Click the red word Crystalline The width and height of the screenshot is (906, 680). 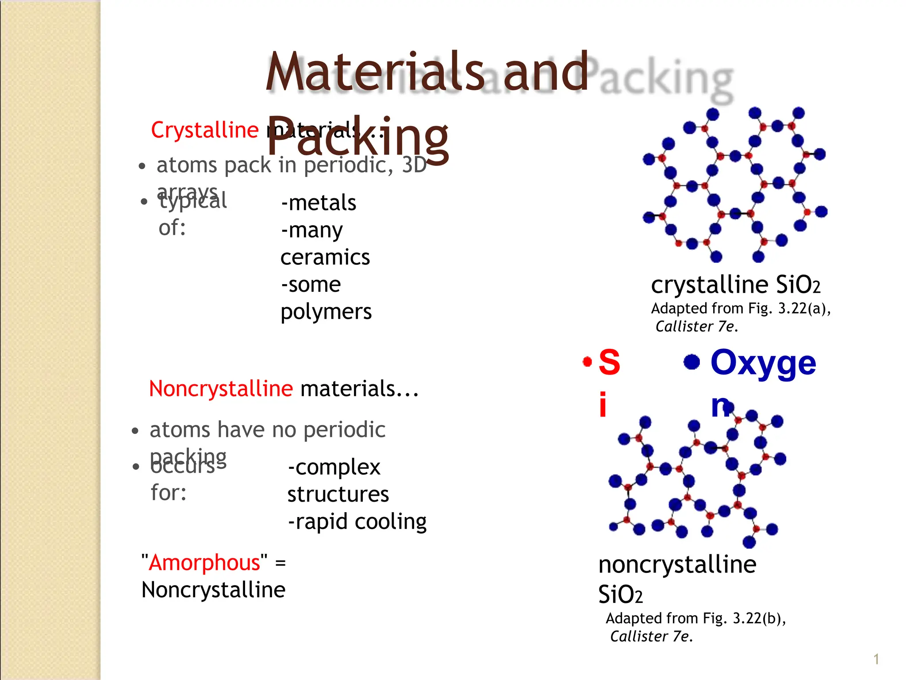point(204,130)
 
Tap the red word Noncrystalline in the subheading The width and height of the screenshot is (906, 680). point(221,389)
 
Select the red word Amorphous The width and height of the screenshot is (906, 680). point(205,563)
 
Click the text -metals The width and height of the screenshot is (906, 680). point(319,203)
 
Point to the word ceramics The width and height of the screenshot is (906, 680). point(325,258)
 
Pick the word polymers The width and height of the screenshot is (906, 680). point(326,312)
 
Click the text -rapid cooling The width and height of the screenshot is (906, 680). point(357,522)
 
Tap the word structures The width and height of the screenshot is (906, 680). point(338,495)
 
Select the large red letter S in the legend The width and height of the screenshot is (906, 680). point(609,362)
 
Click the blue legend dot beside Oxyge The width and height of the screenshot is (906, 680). point(691,362)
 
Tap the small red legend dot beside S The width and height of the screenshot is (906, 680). point(587,362)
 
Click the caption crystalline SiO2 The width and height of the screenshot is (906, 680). point(735,285)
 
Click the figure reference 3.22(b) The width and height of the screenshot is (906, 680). point(759,618)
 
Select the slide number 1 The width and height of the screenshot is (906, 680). point(876,659)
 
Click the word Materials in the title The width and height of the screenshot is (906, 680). point(375,72)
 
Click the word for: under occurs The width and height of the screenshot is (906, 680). point(169,493)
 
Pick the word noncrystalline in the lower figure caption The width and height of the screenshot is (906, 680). point(677,565)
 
